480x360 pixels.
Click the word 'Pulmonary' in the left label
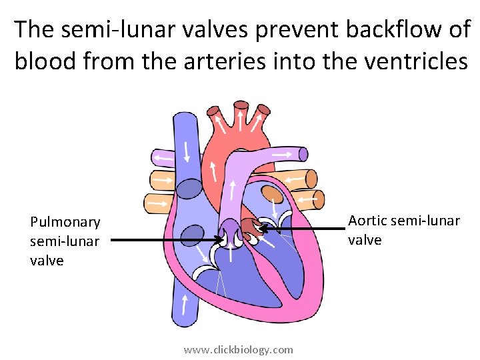point(65,222)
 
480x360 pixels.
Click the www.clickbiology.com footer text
point(239,349)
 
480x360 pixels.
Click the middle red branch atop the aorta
point(240,108)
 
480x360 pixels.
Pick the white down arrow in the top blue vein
point(187,151)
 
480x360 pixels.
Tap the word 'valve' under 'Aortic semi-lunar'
point(365,240)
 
